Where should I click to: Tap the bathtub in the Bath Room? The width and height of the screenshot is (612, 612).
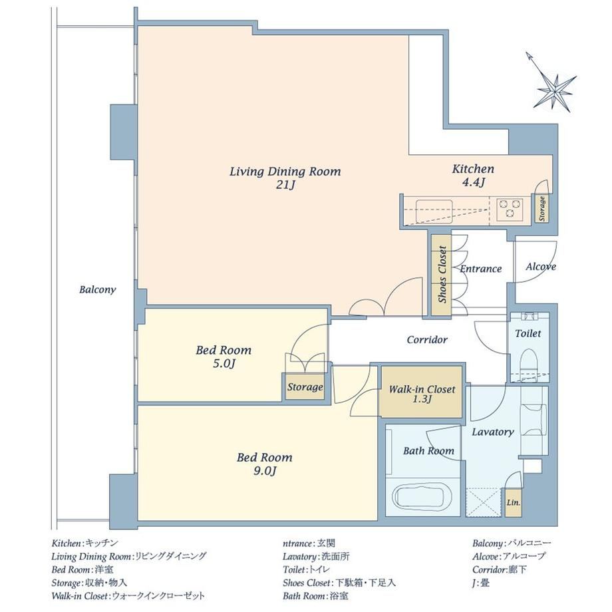point(422,498)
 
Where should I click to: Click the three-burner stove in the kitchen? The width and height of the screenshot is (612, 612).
point(510,208)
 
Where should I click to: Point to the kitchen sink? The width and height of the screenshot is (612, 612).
point(434,211)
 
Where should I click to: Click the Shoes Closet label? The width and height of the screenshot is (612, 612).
point(442,274)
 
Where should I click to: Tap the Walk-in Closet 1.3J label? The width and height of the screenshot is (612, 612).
point(422,393)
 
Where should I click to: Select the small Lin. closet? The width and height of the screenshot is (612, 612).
point(513,503)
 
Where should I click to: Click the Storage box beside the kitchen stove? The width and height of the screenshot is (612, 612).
point(541,208)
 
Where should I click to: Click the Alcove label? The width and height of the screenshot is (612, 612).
point(541,267)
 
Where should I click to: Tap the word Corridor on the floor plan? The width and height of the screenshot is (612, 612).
point(427,340)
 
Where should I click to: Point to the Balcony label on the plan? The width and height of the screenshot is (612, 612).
point(98,289)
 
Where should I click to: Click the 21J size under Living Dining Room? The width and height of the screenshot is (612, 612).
point(285,185)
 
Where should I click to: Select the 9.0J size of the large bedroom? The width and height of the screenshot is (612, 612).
point(265,471)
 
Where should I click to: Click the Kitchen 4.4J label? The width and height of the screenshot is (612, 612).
point(473,175)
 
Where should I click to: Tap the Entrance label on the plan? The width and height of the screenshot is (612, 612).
point(480,269)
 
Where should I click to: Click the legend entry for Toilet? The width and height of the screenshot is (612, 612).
point(307,570)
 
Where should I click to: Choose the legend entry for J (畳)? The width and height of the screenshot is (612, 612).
point(480,583)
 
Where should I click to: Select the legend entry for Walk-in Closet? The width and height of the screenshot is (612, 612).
point(128,596)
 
